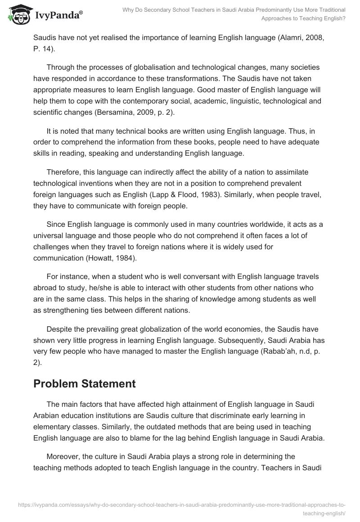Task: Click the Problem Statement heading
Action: click(85, 384)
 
